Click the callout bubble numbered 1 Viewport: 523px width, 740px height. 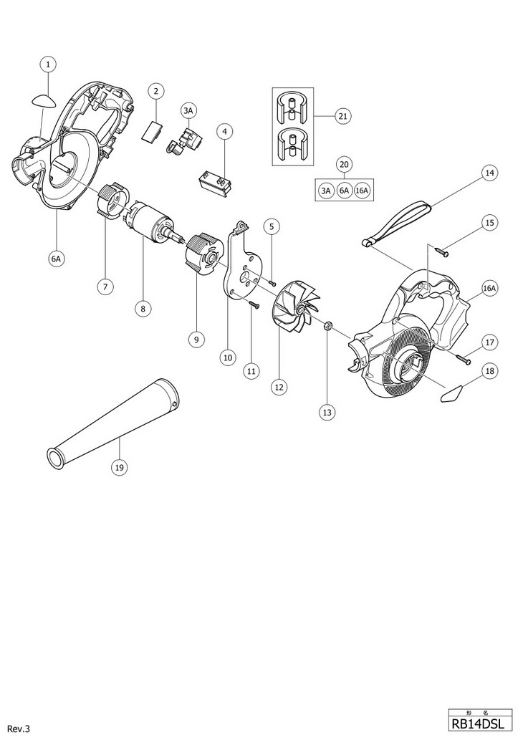[x=47, y=64]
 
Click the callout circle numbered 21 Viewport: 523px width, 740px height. [x=342, y=116]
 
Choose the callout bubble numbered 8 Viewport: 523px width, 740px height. [x=143, y=309]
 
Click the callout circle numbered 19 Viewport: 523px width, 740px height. [x=119, y=468]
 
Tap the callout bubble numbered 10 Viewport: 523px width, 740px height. [x=229, y=356]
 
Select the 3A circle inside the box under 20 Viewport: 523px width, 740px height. [x=326, y=191]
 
